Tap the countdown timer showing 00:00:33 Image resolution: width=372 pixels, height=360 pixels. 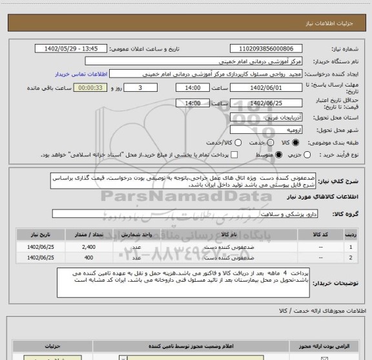coord(93,88)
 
